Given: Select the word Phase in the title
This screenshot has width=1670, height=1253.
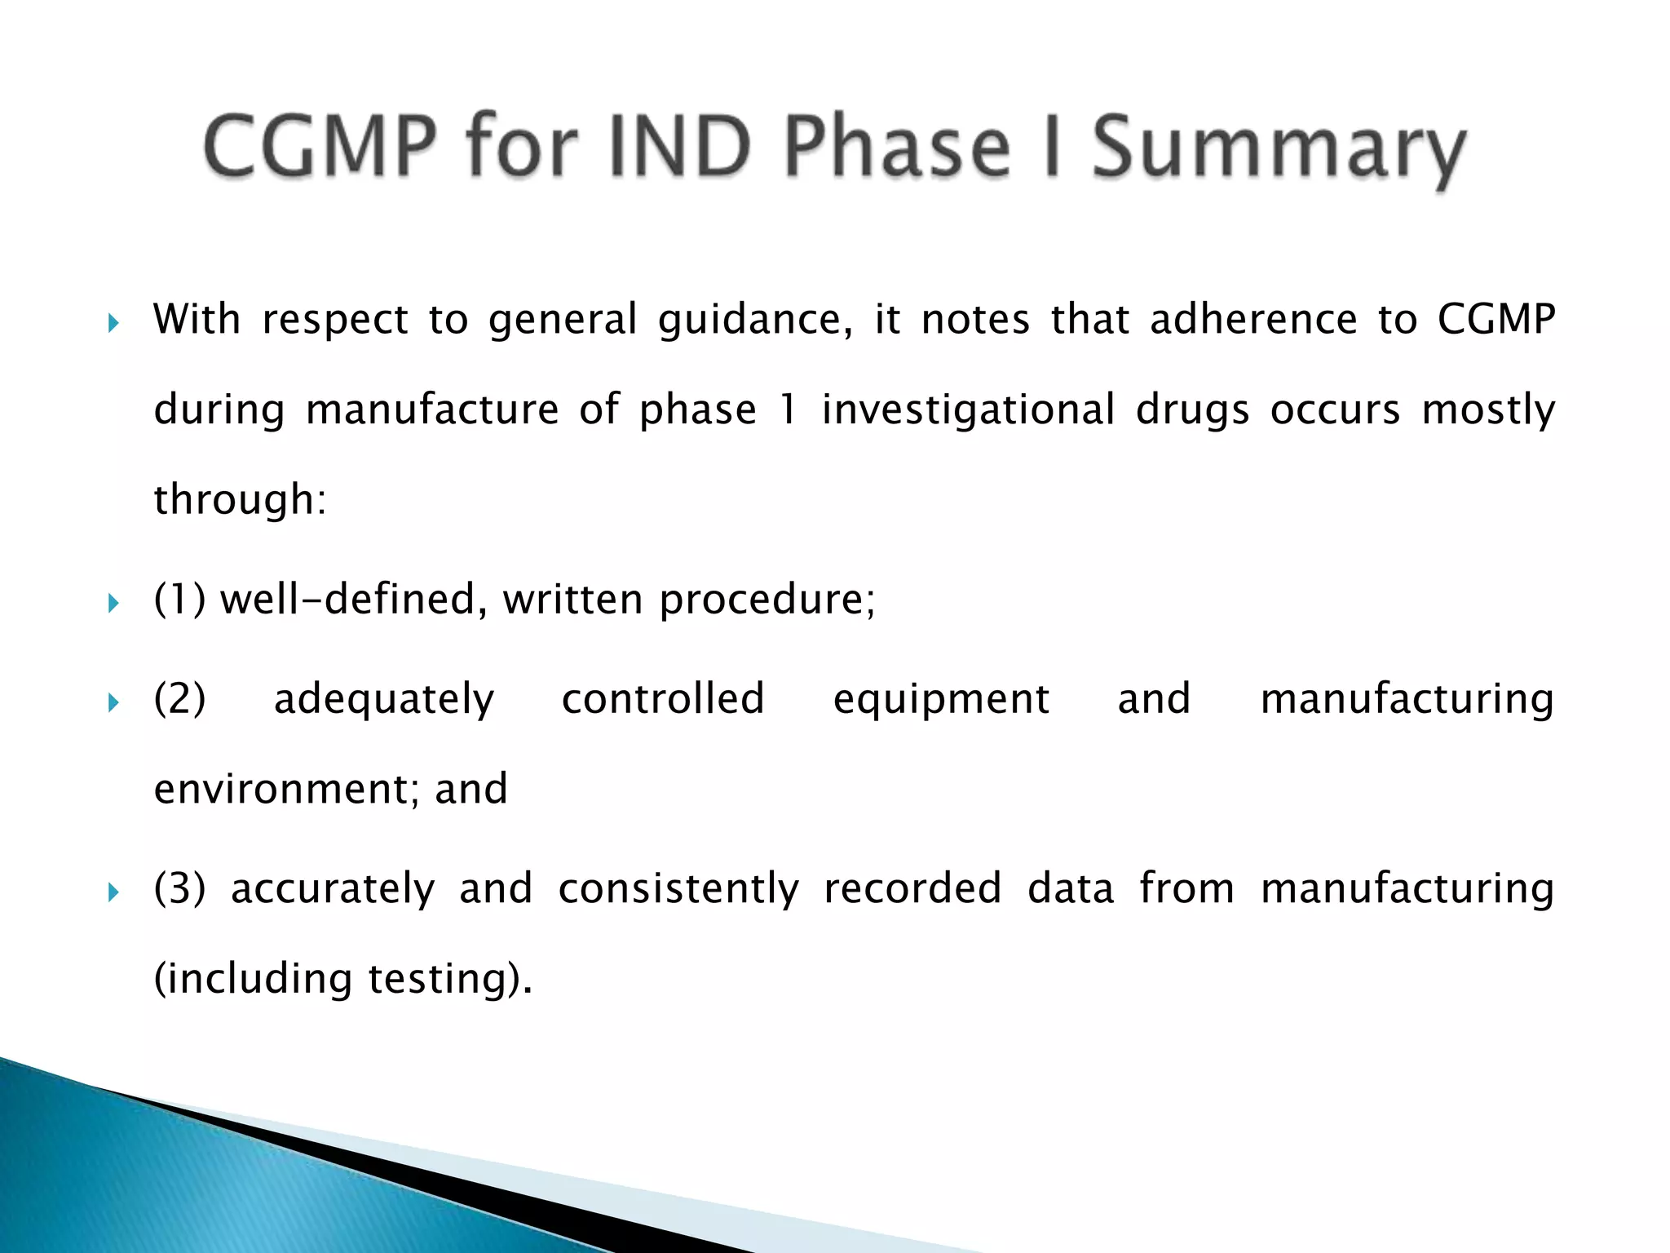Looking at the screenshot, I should tap(896, 147).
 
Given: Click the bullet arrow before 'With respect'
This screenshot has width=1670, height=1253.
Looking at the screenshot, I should tap(113, 324).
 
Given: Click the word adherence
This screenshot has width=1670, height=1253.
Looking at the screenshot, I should tap(1252, 319).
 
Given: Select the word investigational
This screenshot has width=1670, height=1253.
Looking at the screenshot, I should tap(967, 410).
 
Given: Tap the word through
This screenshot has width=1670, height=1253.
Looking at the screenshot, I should tap(239, 500).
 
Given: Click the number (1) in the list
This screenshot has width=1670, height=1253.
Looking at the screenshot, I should tap(179, 600).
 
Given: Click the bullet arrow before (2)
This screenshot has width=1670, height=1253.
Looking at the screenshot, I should tap(113, 702).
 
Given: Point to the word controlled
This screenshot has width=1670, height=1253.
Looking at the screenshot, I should tap(663, 699).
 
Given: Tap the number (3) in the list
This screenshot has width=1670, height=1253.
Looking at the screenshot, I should tap(179, 888).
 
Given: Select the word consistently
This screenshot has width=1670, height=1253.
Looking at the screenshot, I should tap(678, 890).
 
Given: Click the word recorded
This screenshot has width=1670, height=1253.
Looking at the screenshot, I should tap(912, 888).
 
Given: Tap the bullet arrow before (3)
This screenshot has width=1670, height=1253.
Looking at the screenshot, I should tap(113, 892).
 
